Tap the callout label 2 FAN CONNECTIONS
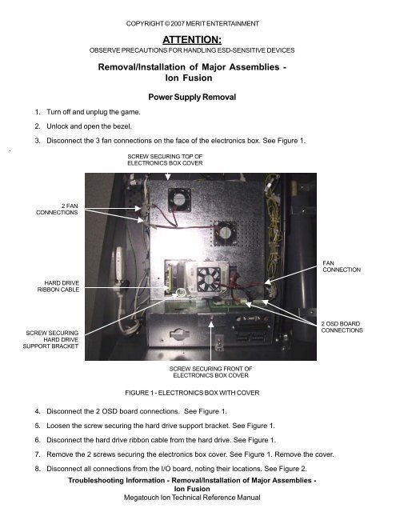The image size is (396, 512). click(x=58, y=214)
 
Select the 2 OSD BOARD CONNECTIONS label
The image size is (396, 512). click(x=346, y=326)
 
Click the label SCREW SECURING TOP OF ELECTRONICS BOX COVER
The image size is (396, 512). click(x=165, y=158)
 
